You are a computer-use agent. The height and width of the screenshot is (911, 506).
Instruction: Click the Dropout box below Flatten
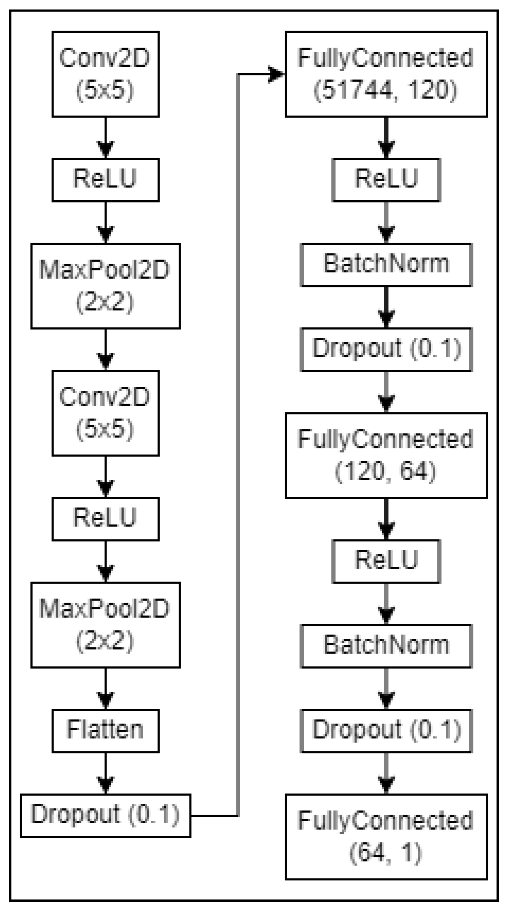tap(105, 815)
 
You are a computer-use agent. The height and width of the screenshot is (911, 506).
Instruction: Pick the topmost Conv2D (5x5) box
tap(105, 74)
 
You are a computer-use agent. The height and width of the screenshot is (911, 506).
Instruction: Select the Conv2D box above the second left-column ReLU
tap(105, 413)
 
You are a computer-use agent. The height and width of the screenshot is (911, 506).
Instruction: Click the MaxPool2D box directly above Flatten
tap(105, 625)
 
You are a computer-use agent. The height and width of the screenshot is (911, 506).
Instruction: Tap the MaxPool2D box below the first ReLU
tap(105, 286)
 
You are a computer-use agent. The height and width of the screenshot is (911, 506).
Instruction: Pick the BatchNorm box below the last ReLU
tap(386, 646)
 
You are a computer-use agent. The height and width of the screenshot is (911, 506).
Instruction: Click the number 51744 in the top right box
tap(353, 90)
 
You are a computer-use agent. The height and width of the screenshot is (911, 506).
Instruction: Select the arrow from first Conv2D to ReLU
tap(105, 138)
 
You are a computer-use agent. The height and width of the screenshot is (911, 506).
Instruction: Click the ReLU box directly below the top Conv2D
tap(105, 180)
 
